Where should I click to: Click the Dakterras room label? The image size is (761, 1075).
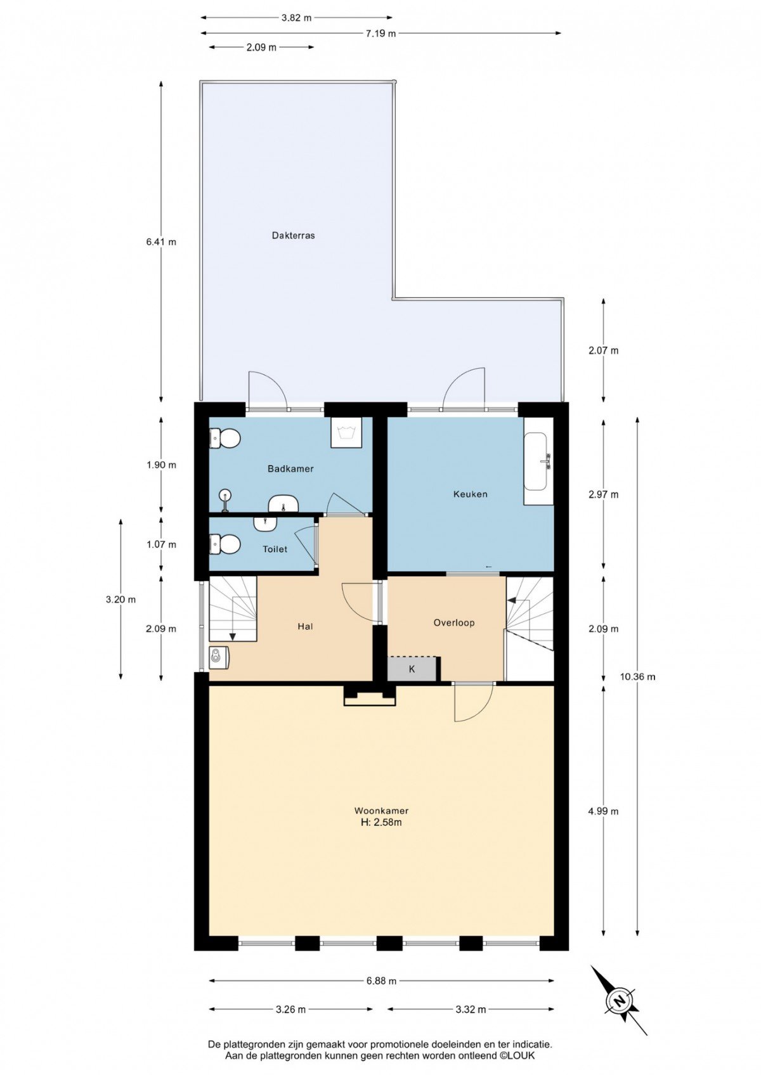293,236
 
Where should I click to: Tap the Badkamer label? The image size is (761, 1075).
290,469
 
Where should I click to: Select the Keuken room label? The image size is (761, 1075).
471,494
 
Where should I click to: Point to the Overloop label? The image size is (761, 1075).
453,622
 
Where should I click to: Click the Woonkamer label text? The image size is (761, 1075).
381,811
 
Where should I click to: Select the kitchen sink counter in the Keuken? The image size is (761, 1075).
538,461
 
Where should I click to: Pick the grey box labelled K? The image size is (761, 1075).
412,669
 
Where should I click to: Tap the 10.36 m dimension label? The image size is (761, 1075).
637,677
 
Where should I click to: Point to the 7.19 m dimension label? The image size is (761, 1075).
380,33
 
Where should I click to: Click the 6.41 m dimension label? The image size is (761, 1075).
161,242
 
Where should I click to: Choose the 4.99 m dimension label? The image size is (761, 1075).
604,811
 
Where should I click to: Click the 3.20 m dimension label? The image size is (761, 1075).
121,600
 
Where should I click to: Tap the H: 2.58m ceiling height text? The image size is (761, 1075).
381,822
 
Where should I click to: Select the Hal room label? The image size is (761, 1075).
306,626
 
